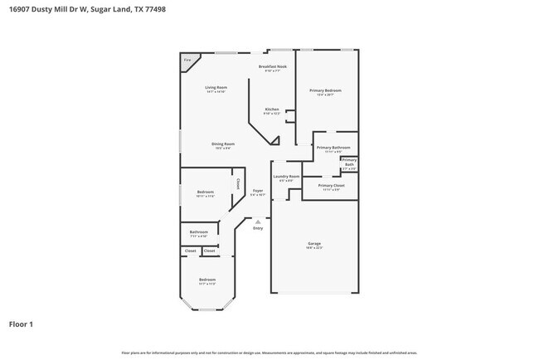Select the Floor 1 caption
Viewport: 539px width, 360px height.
pos(22,324)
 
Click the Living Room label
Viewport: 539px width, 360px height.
pos(216,87)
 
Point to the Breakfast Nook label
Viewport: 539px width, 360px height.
pos(272,66)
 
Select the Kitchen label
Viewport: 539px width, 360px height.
pos(272,109)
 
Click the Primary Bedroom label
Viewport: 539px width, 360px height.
pos(325,90)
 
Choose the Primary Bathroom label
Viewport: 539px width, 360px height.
pos(330,148)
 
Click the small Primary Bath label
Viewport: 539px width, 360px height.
pos(349,163)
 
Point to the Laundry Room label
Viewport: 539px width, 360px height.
pos(286,176)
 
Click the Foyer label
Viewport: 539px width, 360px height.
pos(258,191)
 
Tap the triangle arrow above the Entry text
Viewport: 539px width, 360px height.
pos(258,221)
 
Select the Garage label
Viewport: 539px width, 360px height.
pos(314,243)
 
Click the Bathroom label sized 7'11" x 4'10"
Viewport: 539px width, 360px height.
pos(198,232)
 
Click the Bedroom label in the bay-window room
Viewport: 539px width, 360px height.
pos(206,280)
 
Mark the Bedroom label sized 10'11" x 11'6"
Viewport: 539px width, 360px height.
pos(206,192)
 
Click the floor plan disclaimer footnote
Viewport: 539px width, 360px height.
pos(269,353)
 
